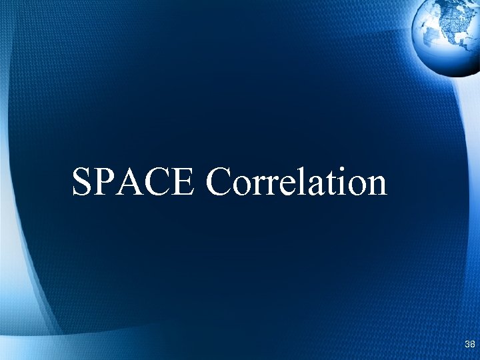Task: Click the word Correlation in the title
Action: coord(297,181)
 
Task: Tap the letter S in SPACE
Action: coord(82,181)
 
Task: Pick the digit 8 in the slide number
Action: coord(473,344)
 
